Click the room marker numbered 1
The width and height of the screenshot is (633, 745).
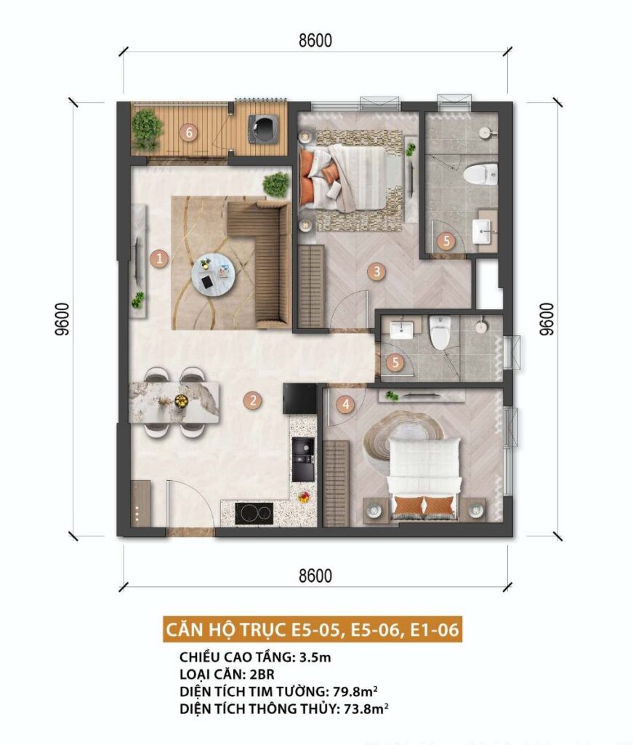pos(159,259)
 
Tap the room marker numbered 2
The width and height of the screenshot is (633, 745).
pos(252,400)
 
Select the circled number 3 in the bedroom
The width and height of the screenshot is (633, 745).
pos(376,272)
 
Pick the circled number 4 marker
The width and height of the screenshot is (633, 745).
pos(345,405)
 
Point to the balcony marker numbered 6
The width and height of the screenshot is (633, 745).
pos(190,132)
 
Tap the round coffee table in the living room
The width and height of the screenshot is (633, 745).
pos(213,274)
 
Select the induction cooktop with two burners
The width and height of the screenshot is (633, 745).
pos(254,513)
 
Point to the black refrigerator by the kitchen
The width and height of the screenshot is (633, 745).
pos(299,399)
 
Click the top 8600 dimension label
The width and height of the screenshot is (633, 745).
pos(315,41)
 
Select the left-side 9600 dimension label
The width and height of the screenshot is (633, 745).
pos(63,319)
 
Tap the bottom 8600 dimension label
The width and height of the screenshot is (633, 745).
pos(315,576)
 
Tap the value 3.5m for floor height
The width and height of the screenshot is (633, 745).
pos(315,657)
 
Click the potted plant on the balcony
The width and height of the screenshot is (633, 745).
pos(147,130)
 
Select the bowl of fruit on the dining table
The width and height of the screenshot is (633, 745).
pos(181,402)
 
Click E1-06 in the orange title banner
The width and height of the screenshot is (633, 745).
pos(435,629)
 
